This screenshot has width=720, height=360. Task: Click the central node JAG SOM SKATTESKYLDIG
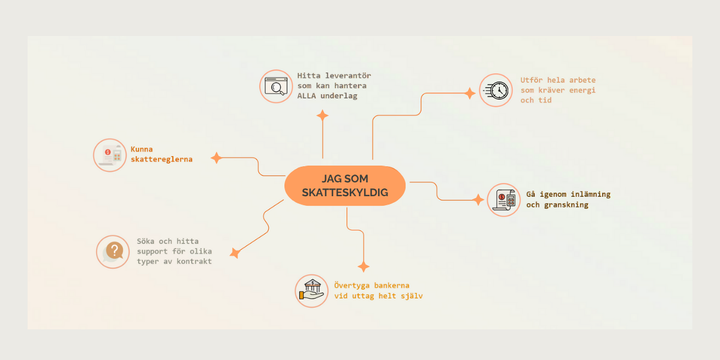coord(345,186)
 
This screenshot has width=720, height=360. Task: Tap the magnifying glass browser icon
coord(276,86)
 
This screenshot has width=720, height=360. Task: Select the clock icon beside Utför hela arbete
coord(496,91)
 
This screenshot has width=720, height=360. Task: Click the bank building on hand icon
coord(311,291)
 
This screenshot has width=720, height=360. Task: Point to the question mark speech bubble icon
coord(113,251)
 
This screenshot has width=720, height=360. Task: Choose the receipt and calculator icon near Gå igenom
coord(503,200)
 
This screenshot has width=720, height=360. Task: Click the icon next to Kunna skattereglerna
coord(110,155)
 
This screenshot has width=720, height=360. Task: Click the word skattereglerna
coord(161,160)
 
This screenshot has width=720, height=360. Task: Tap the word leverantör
coord(348,76)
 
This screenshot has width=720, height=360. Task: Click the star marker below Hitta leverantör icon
coord(323,116)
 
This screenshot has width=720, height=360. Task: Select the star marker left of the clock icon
coord(469,93)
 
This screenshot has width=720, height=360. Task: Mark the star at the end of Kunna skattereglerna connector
coord(216,158)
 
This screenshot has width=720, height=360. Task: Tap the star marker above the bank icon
coord(362,266)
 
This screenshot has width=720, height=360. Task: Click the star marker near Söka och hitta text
coord(235,253)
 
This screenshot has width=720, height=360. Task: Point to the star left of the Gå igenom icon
coord(478,200)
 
